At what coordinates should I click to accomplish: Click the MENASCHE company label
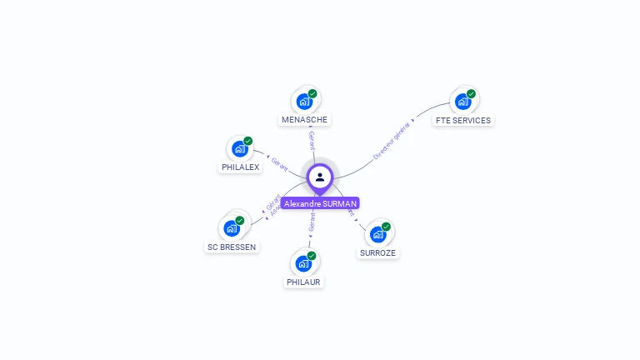pos(305,120)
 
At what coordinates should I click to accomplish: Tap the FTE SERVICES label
pos(462,120)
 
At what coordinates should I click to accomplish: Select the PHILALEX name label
pos(240,167)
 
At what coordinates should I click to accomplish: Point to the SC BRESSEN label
pos(232,247)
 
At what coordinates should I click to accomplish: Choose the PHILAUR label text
pos(303,282)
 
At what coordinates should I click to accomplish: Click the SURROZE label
pos(378,252)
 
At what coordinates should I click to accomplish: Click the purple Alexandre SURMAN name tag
pos(320,203)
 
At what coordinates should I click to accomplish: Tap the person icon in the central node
pos(320,177)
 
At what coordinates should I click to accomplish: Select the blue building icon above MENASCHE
pos(304,102)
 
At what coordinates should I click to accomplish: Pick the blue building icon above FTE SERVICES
pos(462,102)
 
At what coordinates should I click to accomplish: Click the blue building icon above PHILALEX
pos(240,149)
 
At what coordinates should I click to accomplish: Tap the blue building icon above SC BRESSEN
pos(232,228)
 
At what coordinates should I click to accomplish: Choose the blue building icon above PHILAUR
pos(303,264)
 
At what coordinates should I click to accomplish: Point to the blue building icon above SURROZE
pos(377,234)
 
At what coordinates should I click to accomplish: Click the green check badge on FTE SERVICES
pos(471,93)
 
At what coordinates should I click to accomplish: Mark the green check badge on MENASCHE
pos(312,93)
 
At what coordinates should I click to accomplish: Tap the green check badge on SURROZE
pos(386,226)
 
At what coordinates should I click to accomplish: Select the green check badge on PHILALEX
pos(248,141)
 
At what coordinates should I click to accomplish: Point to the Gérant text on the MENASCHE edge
pos(311,140)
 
